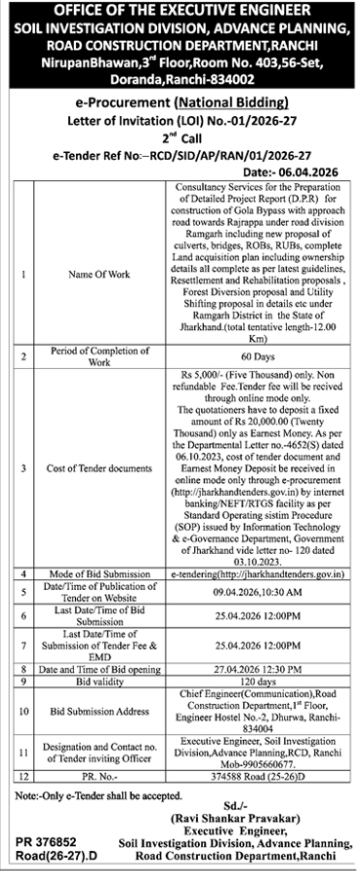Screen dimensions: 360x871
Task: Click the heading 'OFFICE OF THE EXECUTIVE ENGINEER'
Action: tap(180, 10)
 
